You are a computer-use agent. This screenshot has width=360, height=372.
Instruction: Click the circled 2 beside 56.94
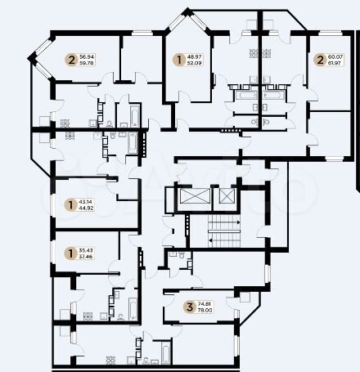click(x=71, y=59)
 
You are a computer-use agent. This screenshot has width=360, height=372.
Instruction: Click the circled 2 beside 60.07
click(x=318, y=59)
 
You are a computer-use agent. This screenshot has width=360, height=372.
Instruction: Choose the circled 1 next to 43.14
click(x=71, y=204)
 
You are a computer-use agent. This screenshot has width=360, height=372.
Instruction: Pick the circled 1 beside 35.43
click(x=71, y=251)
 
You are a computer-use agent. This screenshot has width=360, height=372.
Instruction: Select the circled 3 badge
click(x=190, y=307)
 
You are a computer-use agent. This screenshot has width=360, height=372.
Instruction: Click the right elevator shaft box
click(x=225, y=198)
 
